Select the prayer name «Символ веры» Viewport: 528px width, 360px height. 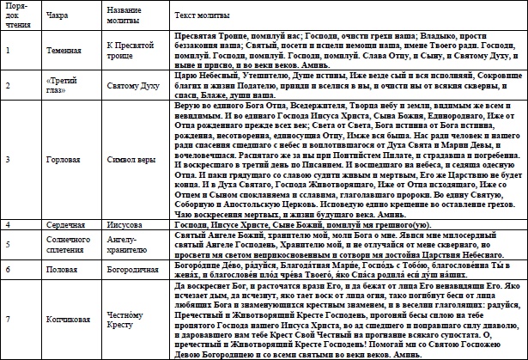click(132, 160)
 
